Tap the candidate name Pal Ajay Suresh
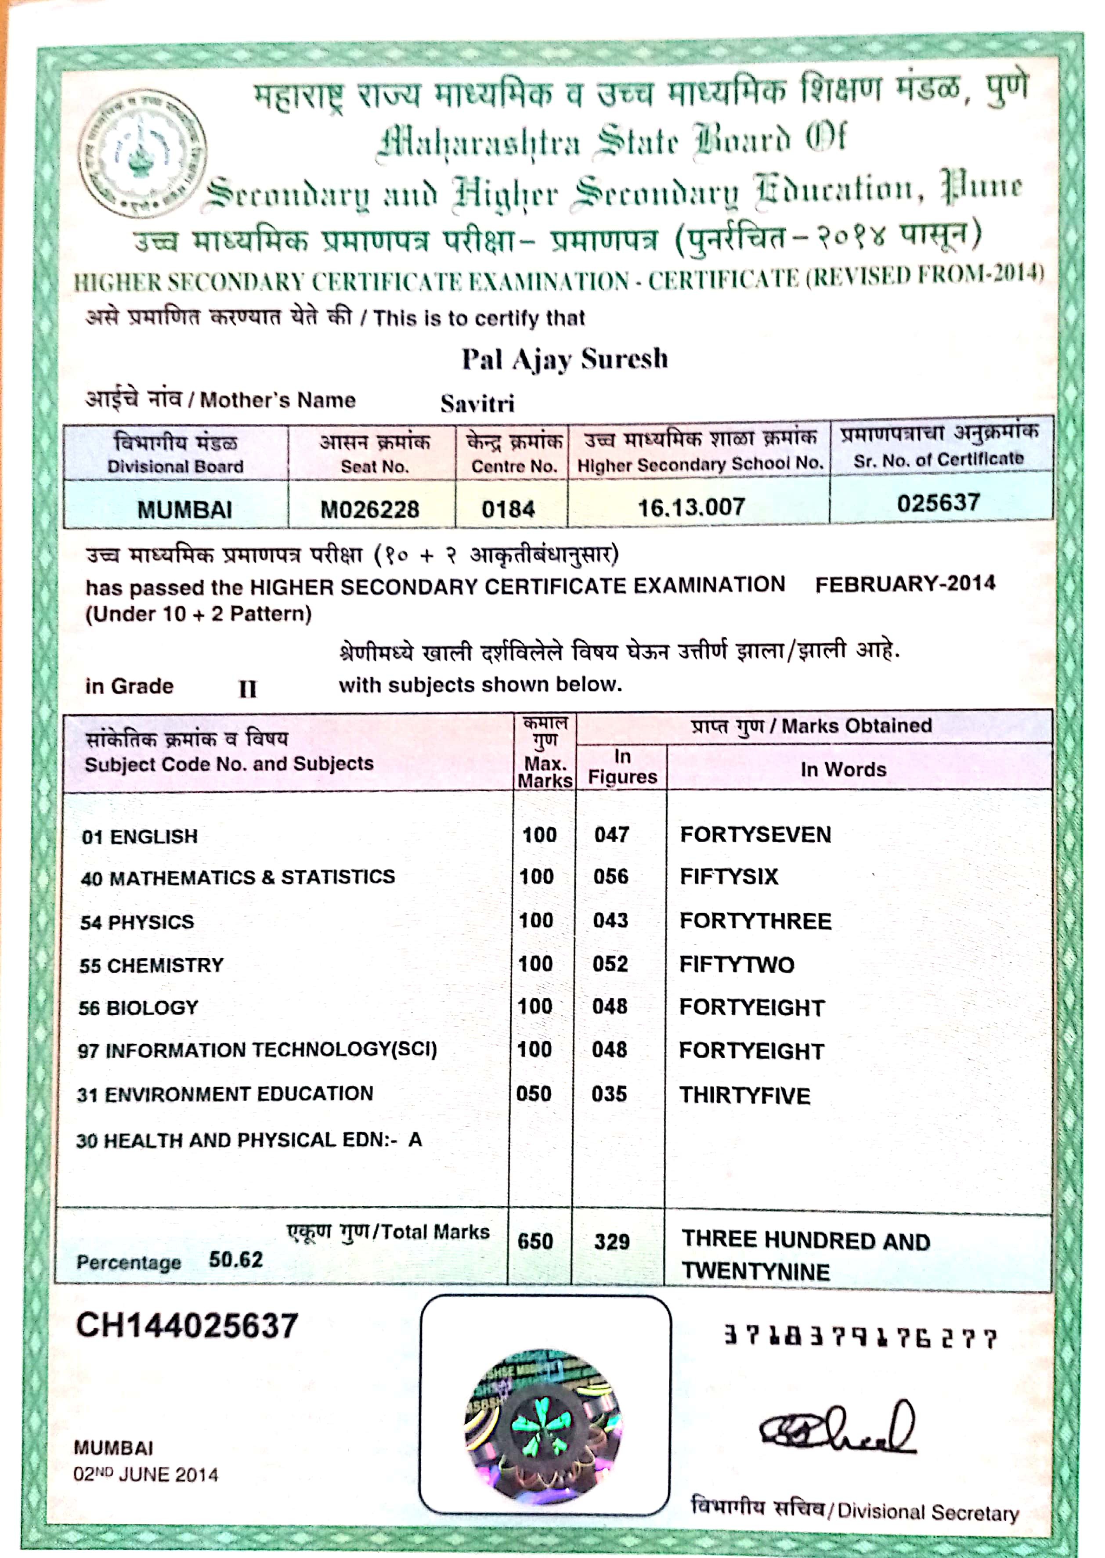(x=565, y=359)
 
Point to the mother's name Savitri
(x=477, y=404)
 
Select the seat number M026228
(x=369, y=509)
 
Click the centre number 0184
(x=508, y=509)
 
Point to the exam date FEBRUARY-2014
(x=905, y=584)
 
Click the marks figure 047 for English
(x=611, y=835)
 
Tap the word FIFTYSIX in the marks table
(x=729, y=876)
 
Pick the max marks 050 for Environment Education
(x=534, y=1094)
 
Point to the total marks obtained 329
(x=612, y=1242)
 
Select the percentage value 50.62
(x=235, y=1260)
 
